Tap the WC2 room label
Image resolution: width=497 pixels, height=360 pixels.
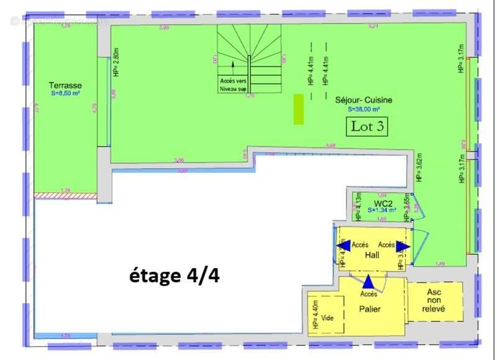pyautogui.click(x=382, y=203)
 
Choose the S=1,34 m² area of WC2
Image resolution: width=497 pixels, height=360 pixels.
pyautogui.click(x=382, y=211)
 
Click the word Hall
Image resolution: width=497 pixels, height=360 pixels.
pyautogui.click(x=372, y=255)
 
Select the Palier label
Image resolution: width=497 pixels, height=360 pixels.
pyautogui.click(x=370, y=308)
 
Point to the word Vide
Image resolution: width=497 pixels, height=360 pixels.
pyautogui.click(x=327, y=318)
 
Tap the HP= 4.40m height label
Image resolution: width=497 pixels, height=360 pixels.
pyautogui.click(x=315, y=315)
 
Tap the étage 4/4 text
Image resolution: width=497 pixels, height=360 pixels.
pyautogui.click(x=174, y=275)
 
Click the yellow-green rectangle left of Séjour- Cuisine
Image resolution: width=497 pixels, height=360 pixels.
pyautogui.click(x=299, y=109)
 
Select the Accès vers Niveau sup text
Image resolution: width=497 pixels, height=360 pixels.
pyautogui.click(x=233, y=85)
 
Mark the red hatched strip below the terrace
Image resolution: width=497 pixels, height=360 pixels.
pyautogui.click(x=65, y=195)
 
